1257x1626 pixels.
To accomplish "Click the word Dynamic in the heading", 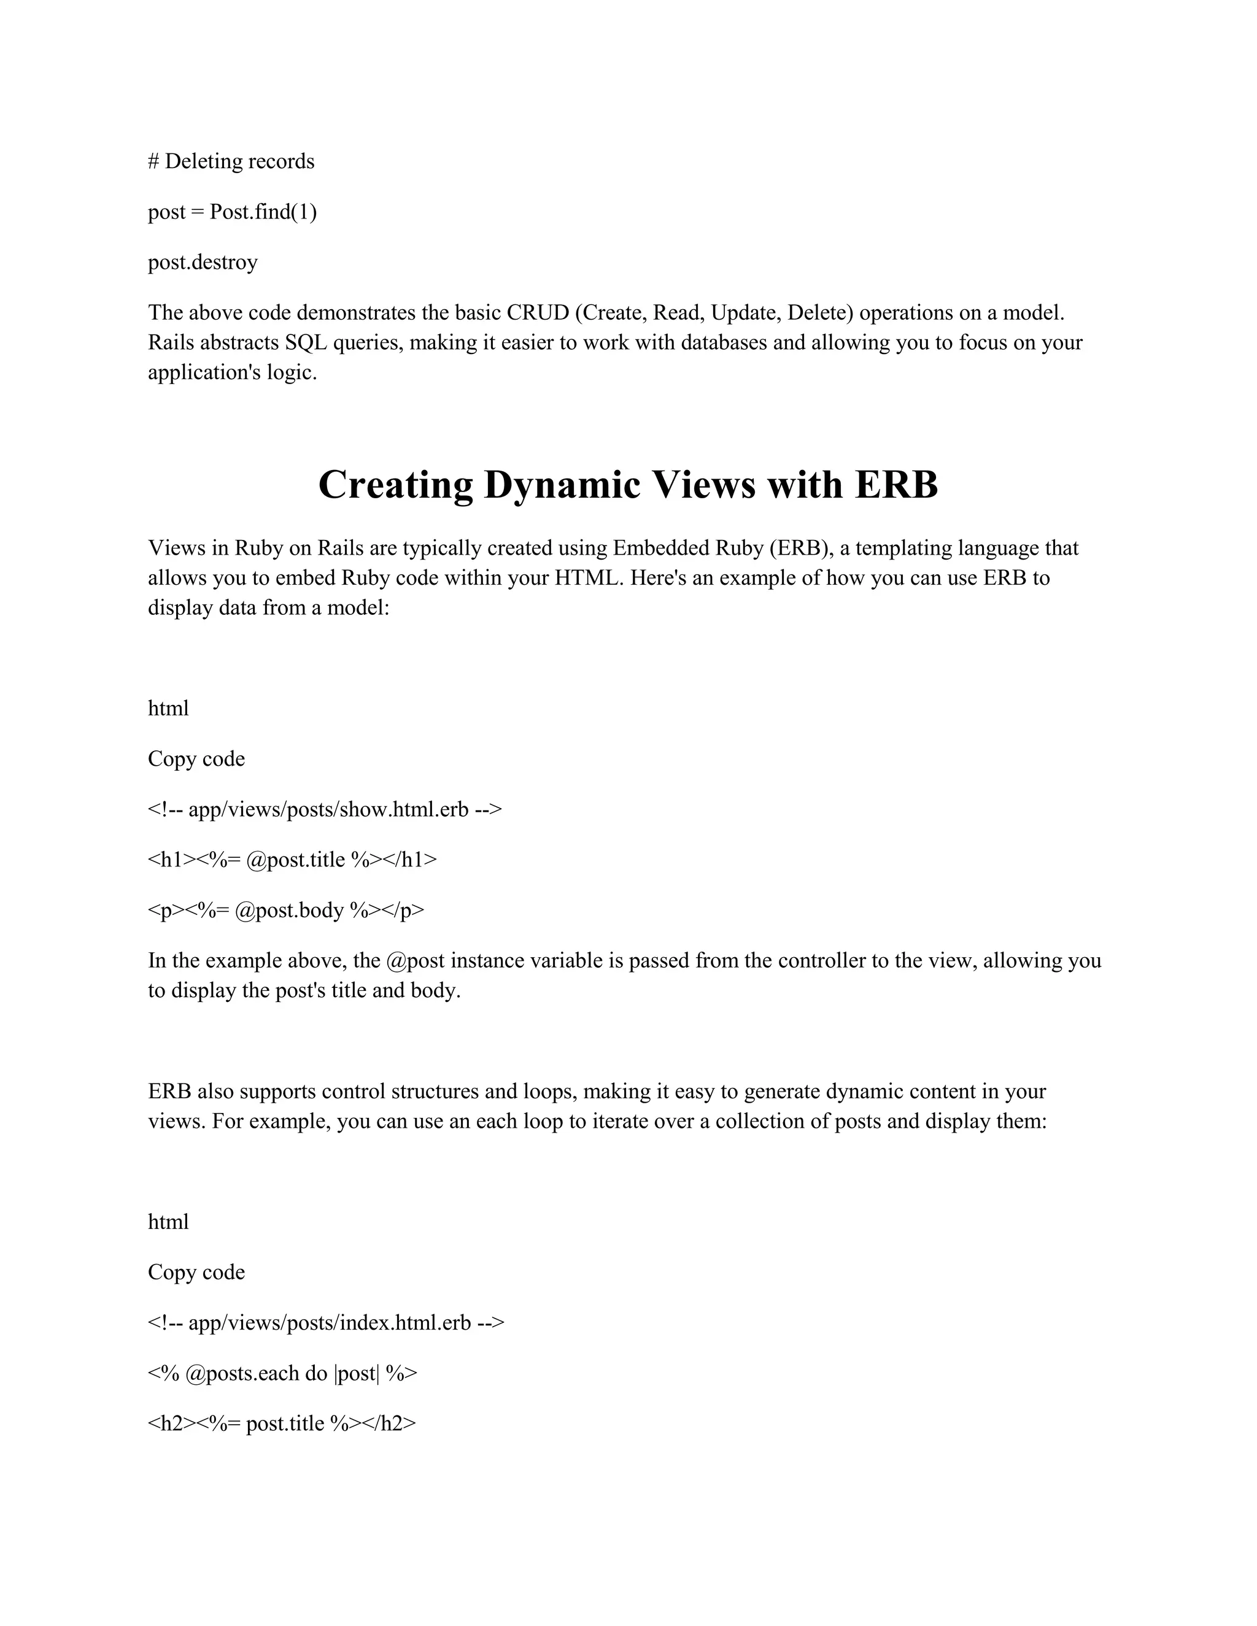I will pyautogui.click(x=562, y=485).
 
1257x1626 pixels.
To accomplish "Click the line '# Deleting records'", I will pyautogui.click(x=231, y=161).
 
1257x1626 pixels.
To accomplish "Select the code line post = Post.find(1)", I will pyautogui.click(x=233, y=212).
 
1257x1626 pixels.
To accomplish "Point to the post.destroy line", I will pyautogui.click(x=203, y=262).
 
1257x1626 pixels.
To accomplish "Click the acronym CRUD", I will pyautogui.click(x=538, y=313).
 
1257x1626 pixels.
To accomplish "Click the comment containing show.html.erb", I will pyautogui.click(x=325, y=809).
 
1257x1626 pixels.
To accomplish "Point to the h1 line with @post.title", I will pyautogui.click(x=293, y=860).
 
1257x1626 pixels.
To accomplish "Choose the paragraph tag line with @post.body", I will pyautogui.click(x=286, y=911).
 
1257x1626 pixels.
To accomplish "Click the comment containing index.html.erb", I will pyautogui.click(x=326, y=1323).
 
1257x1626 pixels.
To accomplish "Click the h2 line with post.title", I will pyautogui.click(x=282, y=1424).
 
